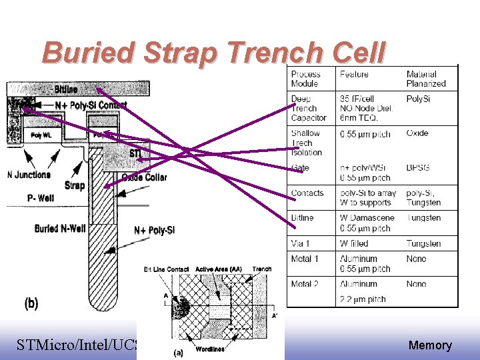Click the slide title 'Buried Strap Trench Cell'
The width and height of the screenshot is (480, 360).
pos(213,53)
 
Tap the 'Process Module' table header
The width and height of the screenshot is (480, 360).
pos(305,79)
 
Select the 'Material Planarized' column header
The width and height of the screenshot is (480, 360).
pos(426,79)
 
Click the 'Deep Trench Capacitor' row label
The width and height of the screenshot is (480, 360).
pos(309,109)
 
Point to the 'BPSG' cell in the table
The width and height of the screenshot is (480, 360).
pos(418,168)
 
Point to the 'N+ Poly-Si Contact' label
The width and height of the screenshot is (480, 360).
pos(91,105)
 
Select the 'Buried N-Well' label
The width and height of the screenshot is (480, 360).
pos(60,229)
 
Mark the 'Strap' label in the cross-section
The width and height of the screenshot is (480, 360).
pos(75,185)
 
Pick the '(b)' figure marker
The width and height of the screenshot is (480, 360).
pos(31,303)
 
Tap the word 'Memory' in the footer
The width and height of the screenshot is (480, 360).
pos(430,345)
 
